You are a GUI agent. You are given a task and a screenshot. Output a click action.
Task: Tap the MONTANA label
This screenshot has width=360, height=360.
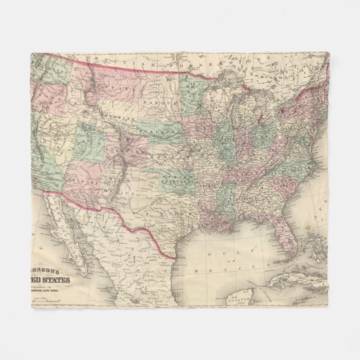pos(102,92)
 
